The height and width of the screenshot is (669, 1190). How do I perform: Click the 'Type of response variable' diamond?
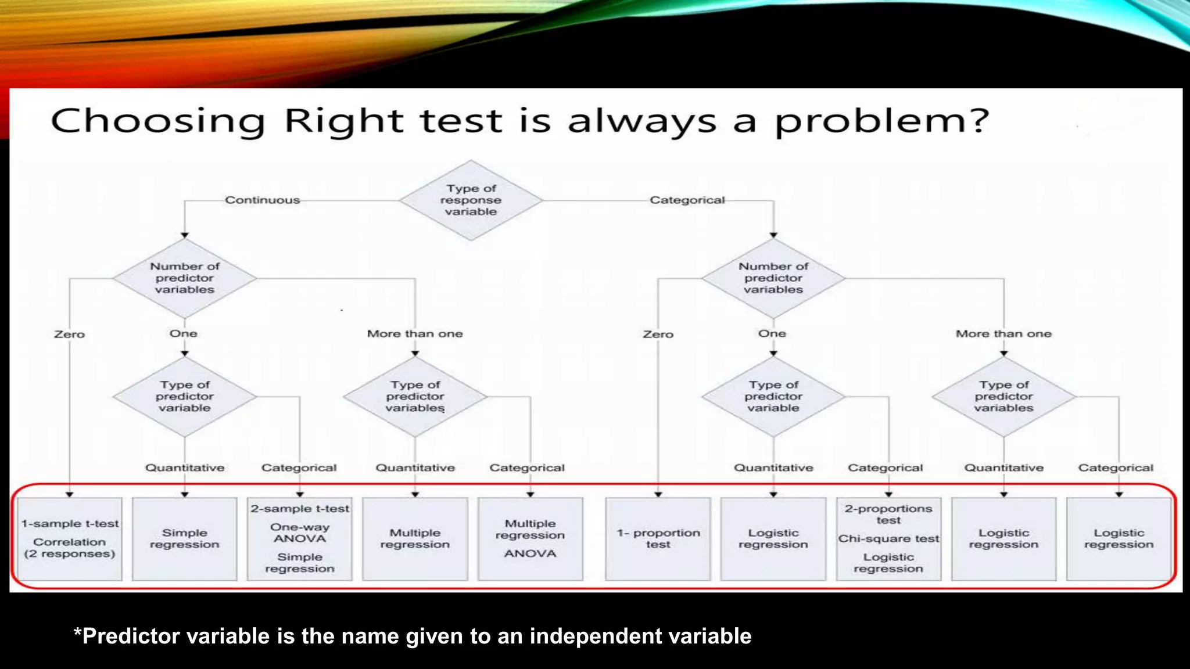point(471,200)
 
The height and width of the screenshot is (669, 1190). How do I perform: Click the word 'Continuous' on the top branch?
point(262,200)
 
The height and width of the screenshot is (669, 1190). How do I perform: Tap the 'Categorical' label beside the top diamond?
point(687,200)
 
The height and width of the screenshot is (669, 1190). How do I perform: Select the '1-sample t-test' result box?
point(70,538)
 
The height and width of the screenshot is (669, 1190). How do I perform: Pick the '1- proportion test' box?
point(658,538)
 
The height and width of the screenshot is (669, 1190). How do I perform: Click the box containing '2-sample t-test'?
point(300,538)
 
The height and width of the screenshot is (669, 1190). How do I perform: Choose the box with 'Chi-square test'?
point(888,538)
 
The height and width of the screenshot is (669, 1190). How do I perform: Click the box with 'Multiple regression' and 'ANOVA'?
point(530,538)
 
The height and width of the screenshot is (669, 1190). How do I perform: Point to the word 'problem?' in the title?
point(881,121)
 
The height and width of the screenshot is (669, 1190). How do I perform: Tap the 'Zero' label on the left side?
point(69,334)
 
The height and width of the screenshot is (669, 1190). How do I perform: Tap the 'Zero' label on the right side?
point(658,334)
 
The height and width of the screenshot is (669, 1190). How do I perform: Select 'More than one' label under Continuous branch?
point(415,334)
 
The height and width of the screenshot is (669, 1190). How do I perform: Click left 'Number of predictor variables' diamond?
point(185,278)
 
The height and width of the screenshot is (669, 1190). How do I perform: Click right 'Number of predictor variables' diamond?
point(773,278)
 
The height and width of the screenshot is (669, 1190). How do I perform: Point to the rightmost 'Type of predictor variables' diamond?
point(1003,397)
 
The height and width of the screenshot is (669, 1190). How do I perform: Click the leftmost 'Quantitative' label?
point(185,467)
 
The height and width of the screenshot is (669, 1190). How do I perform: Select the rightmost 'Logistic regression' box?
point(1119,538)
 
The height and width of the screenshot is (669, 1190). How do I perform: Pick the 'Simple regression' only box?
point(185,538)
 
